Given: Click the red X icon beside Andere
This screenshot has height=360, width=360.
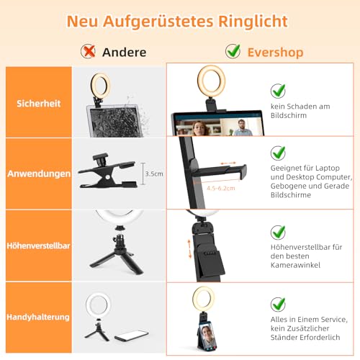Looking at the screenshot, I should coord(89,51).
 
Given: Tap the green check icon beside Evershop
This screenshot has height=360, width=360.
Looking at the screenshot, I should coord(233,51).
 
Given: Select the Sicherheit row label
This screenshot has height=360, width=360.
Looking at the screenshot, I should coord(39,104).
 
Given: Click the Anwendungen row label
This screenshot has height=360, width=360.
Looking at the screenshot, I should coord(39,174).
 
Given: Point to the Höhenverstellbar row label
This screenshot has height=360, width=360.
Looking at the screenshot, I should coord(39,245).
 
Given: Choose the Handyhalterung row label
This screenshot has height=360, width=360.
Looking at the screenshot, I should coord(39,316).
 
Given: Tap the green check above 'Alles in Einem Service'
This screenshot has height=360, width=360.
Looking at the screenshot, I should coord(278,303).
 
